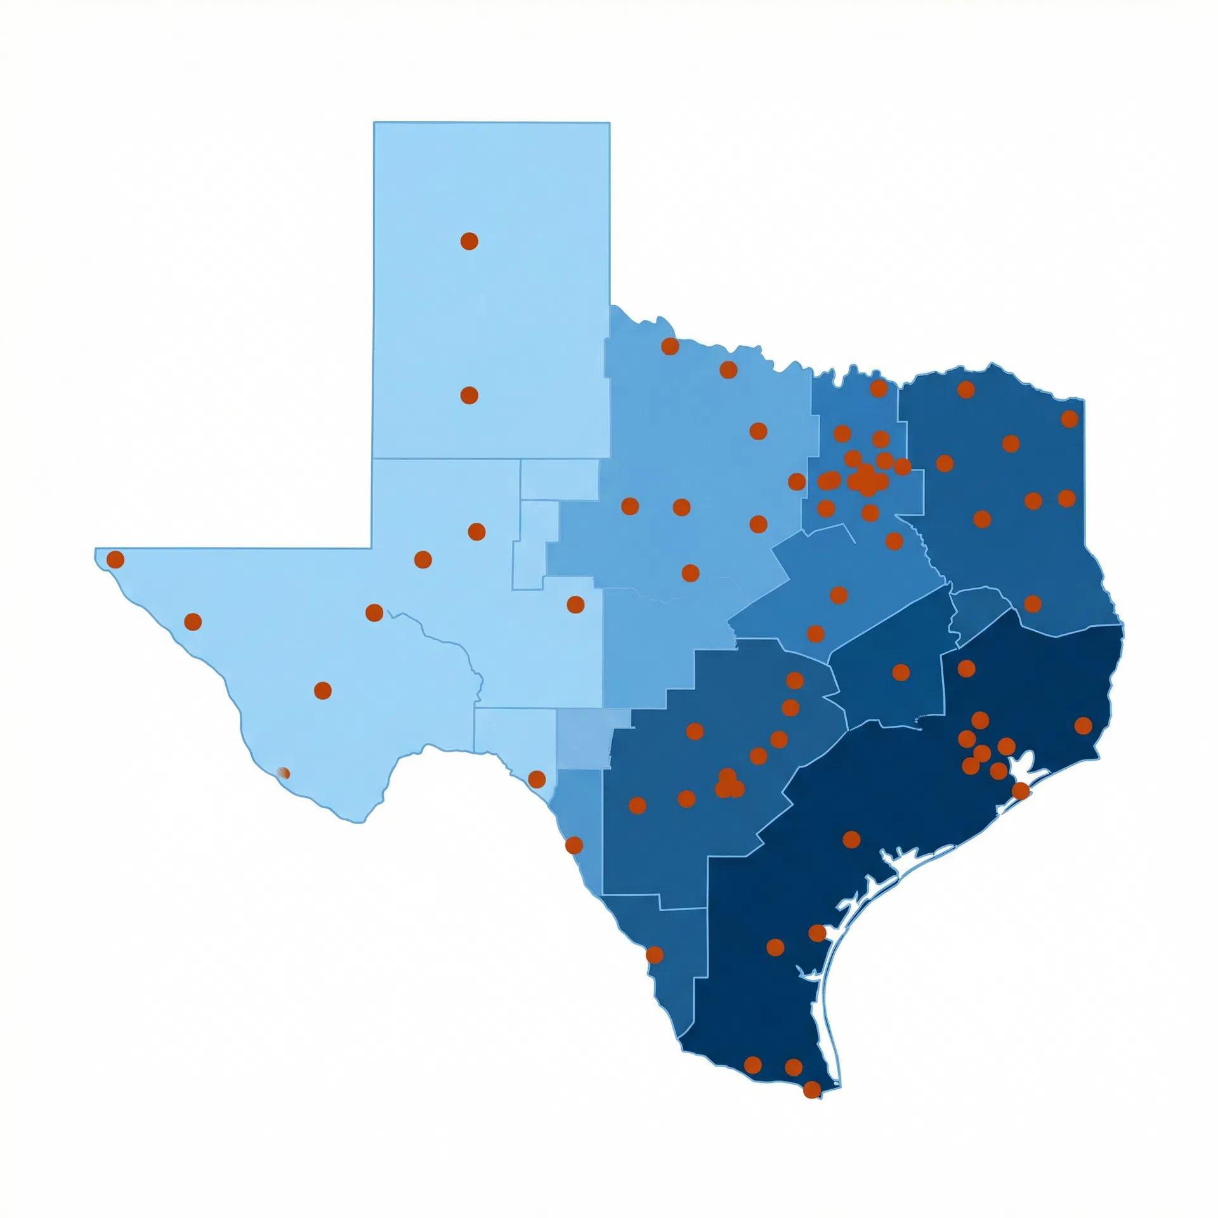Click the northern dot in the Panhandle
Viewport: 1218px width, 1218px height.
pyautogui.click(x=469, y=241)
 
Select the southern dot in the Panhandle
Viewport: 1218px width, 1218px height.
pyautogui.click(x=469, y=395)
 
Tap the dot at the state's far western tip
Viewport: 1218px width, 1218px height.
pyautogui.click(x=115, y=560)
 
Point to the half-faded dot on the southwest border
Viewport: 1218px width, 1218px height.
pyautogui.click(x=284, y=773)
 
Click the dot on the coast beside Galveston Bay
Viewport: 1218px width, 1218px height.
pyautogui.click(x=1021, y=790)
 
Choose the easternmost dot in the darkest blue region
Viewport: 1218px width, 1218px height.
pyautogui.click(x=1084, y=725)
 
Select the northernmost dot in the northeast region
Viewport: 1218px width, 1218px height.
pyautogui.click(x=966, y=390)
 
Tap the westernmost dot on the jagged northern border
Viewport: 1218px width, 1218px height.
pyautogui.click(x=670, y=346)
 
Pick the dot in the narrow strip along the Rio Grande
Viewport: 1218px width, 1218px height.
pyautogui.click(x=574, y=845)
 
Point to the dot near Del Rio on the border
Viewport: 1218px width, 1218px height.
pyautogui.click(x=537, y=779)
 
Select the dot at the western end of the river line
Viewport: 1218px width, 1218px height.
pyautogui.click(x=374, y=613)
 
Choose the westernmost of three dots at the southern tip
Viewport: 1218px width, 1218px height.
pyautogui.click(x=752, y=1065)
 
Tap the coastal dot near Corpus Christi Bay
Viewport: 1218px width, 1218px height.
pyautogui.click(x=817, y=933)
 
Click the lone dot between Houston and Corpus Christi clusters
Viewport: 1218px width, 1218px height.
pyautogui.click(x=851, y=839)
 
